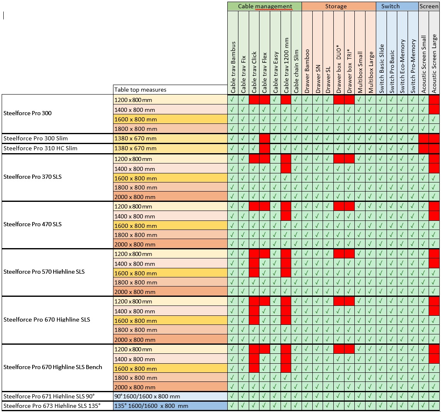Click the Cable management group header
click(265, 6)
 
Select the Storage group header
click(336, 6)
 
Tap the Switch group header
click(390, 6)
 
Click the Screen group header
click(429, 6)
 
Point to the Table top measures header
click(140, 90)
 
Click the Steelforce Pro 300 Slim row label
click(35, 138)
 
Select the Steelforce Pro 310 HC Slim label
click(40, 148)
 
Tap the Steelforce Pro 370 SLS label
click(32, 177)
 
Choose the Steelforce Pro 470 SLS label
click(32, 224)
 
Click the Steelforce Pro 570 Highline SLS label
click(44, 272)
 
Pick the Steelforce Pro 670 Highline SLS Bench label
click(52, 367)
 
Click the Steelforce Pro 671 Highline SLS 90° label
click(49, 396)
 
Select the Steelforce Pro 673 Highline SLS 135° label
click(52, 406)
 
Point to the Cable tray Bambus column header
click(233, 67)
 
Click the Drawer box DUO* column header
click(339, 69)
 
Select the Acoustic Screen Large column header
click(434, 64)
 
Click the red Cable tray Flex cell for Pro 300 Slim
click(265, 138)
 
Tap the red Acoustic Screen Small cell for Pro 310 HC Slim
click(424, 149)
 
